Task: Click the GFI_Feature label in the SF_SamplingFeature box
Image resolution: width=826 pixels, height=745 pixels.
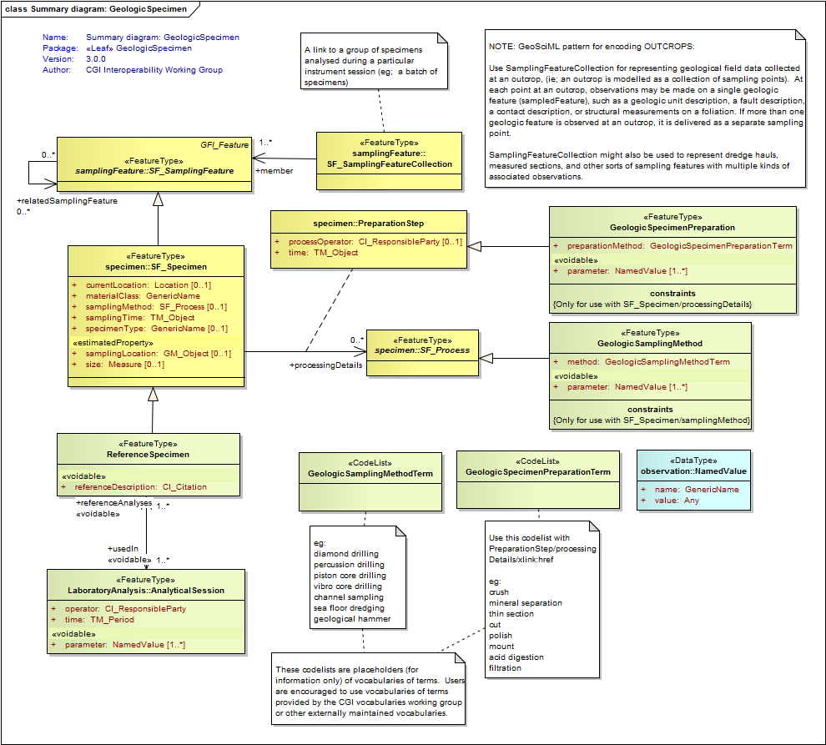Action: point(224,145)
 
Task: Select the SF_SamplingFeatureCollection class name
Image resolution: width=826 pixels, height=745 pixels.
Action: point(390,164)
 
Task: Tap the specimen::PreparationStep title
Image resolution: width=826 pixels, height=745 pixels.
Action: point(369,224)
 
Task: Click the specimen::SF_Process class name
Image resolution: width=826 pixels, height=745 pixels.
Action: point(422,350)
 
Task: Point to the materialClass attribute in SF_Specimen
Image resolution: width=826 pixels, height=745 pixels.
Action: point(143,296)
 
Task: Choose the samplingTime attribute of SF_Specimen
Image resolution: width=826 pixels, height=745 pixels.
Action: point(140,318)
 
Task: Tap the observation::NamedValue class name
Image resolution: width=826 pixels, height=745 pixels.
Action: point(693,471)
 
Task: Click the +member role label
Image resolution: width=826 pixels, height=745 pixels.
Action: point(274,171)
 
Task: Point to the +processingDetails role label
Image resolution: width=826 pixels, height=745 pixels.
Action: point(325,365)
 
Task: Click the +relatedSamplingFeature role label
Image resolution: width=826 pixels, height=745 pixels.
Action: point(67,201)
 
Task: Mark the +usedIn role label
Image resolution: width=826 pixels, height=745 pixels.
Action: point(123,548)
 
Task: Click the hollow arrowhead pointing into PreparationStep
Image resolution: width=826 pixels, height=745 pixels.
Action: point(474,246)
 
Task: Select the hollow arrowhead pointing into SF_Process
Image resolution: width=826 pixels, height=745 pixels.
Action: point(486,358)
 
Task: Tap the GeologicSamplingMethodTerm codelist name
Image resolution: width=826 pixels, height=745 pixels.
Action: point(370,474)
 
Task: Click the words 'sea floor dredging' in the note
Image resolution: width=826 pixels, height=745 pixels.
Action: point(349,608)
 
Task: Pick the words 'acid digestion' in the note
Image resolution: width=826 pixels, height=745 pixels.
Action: point(516,657)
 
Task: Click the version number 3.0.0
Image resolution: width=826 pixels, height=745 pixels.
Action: point(96,59)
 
